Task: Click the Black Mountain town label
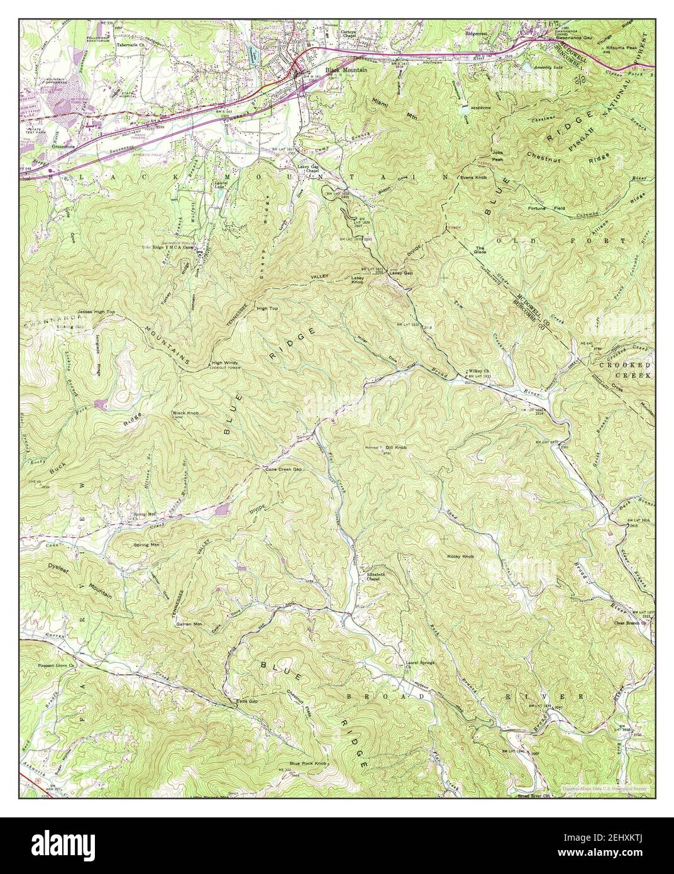pos(346,70)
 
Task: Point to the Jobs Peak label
pos(497,157)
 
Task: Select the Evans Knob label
pos(473,177)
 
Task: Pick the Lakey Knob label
pos(358,280)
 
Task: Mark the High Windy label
pos(224,363)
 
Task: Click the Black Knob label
pos(185,414)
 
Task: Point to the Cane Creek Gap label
pos(284,469)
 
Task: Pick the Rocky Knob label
pos(460,556)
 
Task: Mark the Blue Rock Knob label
pos(308,763)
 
